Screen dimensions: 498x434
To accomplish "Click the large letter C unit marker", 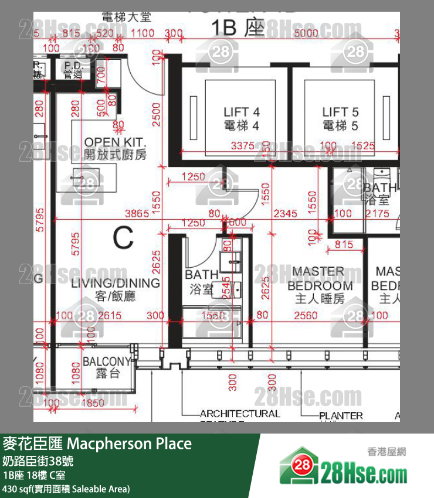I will pos(123,238).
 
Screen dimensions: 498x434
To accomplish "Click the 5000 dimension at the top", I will pos(306,34).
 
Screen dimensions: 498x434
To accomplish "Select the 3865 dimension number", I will pos(139,214).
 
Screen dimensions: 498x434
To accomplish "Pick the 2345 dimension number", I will pos(286,214).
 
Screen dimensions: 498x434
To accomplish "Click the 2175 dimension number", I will pos(377,214).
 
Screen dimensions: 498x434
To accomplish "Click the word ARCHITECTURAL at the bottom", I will pos(239,414).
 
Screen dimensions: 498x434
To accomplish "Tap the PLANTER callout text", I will pos(341,416).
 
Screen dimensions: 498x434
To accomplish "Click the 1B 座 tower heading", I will pos(238,28).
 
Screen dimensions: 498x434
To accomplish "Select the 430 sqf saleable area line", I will pos(66,489).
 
